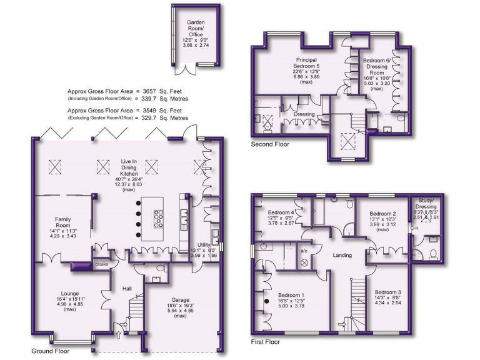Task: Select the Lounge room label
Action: point(70,293)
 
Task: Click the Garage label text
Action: point(181,301)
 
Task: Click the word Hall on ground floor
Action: point(127,288)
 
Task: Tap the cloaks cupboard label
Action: point(102,265)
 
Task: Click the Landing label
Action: point(341,256)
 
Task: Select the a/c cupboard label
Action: point(304,251)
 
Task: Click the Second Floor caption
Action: point(271,144)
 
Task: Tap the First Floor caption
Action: point(266,342)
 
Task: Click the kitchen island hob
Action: point(158,217)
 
